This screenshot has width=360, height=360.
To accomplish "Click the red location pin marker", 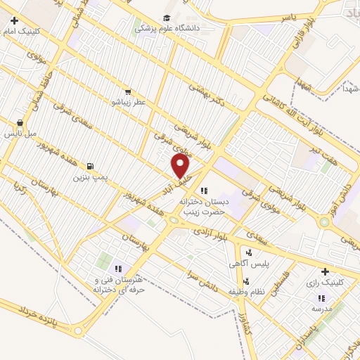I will tap(181, 166).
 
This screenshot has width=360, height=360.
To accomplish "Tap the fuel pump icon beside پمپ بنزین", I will tap(90, 167).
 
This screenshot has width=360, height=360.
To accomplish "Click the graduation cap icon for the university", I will tap(167, 18).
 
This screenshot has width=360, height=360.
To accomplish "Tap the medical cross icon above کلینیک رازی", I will tap(324, 271).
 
